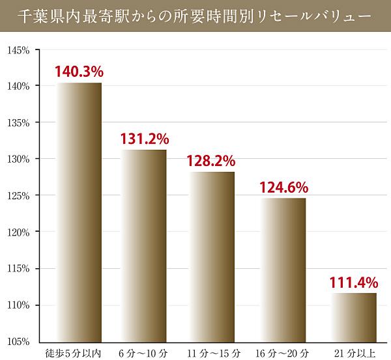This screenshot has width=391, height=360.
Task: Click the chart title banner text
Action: point(195,15)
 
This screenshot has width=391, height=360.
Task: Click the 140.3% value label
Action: point(79,71)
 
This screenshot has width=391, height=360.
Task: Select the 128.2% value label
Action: point(212,160)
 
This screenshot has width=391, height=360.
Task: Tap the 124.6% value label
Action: point(283,187)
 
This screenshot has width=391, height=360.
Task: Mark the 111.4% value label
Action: point(355,282)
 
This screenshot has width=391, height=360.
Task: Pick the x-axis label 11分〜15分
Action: point(212,353)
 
